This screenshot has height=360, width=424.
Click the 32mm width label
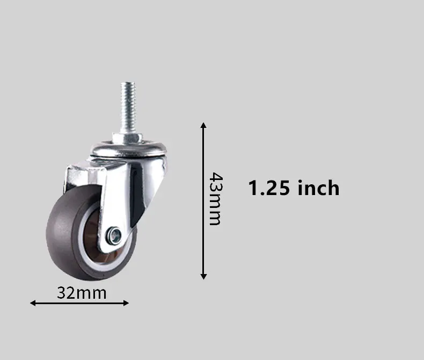(x=82, y=293)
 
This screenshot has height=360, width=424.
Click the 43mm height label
(x=216, y=199)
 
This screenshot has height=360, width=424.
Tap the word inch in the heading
(x=318, y=188)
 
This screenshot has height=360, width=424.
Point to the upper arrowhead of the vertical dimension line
(x=203, y=125)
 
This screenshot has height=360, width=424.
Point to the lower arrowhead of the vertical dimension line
(x=203, y=277)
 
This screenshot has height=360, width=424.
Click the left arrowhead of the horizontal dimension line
(x=33, y=303)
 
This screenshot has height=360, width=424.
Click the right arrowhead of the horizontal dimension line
(x=126, y=303)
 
